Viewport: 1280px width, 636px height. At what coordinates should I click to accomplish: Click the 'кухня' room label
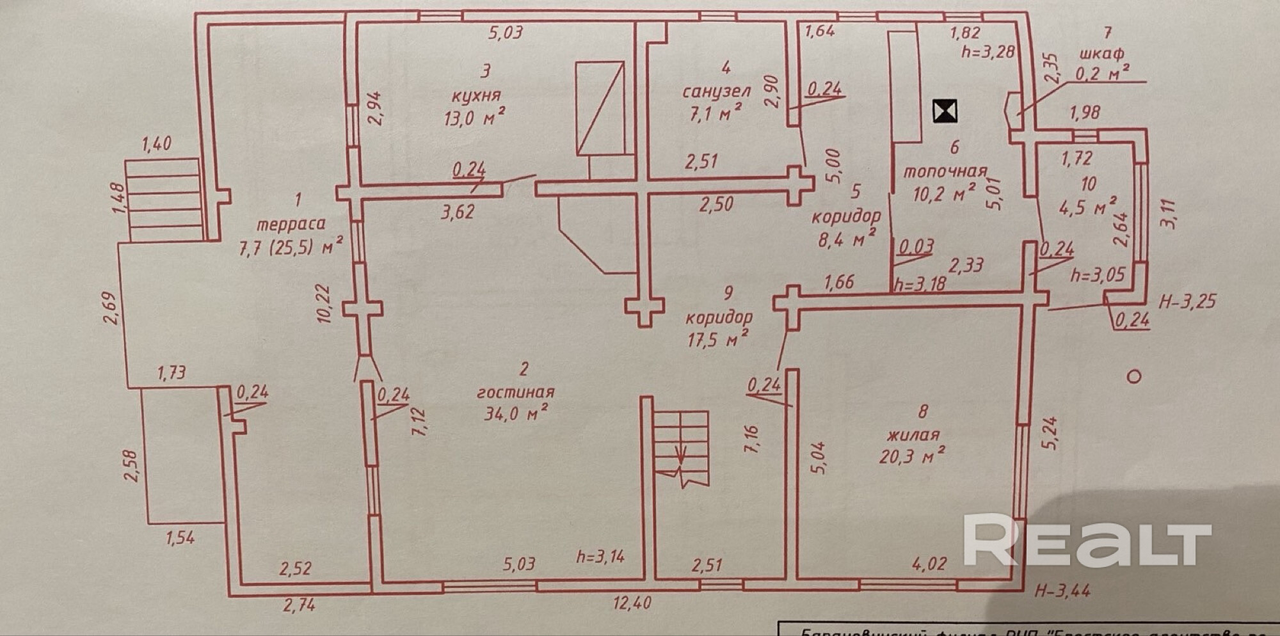pyautogui.click(x=476, y=96)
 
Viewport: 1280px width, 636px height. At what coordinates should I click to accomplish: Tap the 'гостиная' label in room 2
pyautogui.click(x=515, y=392)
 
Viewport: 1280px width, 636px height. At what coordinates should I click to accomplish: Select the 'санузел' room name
pyautogui.click(x=716, y=91)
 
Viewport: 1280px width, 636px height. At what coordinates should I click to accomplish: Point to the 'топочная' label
pyautogui.click(x=945, y=171)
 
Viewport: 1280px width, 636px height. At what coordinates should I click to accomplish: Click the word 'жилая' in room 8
pyautogui.click(x=913, y=434)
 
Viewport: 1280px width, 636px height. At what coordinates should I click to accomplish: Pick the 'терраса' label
pyautogui.click(x=291, y=224)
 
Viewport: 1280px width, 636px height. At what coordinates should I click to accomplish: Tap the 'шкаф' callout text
pyautogui.click(x=1101, y=54)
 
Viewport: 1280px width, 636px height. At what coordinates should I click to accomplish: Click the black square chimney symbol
pyautogui.click(x=945, y=111)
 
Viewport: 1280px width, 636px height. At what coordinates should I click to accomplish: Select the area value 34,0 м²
pyautogui.click(x=515, y=413)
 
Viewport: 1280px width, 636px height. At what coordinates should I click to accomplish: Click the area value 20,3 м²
pyautogui.click(x=911, y=456)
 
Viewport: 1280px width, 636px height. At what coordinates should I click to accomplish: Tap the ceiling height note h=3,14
pyautogui.click(x=600, y=556)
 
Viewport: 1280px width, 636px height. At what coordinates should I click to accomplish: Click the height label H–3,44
pyautogui.click(x=1062, y=590)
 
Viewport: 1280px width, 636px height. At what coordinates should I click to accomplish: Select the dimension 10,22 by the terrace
pyautogui.click(x=326, y=303)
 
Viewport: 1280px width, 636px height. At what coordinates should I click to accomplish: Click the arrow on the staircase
pyautogui.click(x=680, y=456)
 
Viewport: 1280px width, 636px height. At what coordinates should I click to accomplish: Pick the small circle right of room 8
pyautogui.click(x=1133, y=376)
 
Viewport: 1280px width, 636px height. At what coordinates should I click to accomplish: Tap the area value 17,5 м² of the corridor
pyautogui.click(x=718, y=339)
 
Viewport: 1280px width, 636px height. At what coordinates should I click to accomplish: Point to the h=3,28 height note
pyautogui.click(x=988, y=51)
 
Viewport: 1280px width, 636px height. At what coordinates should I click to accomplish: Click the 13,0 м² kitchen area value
pyautogui.click(x=474, y=118)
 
